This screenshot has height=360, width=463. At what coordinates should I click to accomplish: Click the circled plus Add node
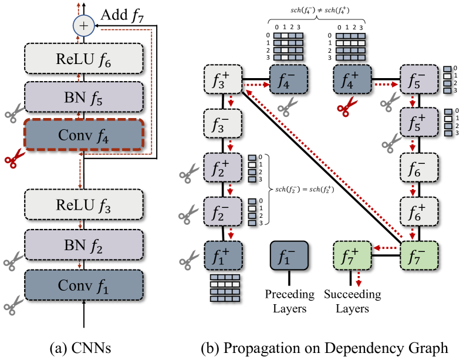pyautogui.click(x=84, y=25)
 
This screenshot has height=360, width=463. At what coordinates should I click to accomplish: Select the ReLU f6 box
pyautogui.click(x=84, y=59)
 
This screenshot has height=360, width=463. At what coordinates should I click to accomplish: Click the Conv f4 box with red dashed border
pyautogui.click(x=84, y=135)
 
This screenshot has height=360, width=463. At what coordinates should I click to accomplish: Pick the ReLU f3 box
pyautogui.click(x=84, y=206)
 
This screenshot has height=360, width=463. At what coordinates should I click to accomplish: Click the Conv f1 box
pyautogui.click(x=84, y=285)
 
